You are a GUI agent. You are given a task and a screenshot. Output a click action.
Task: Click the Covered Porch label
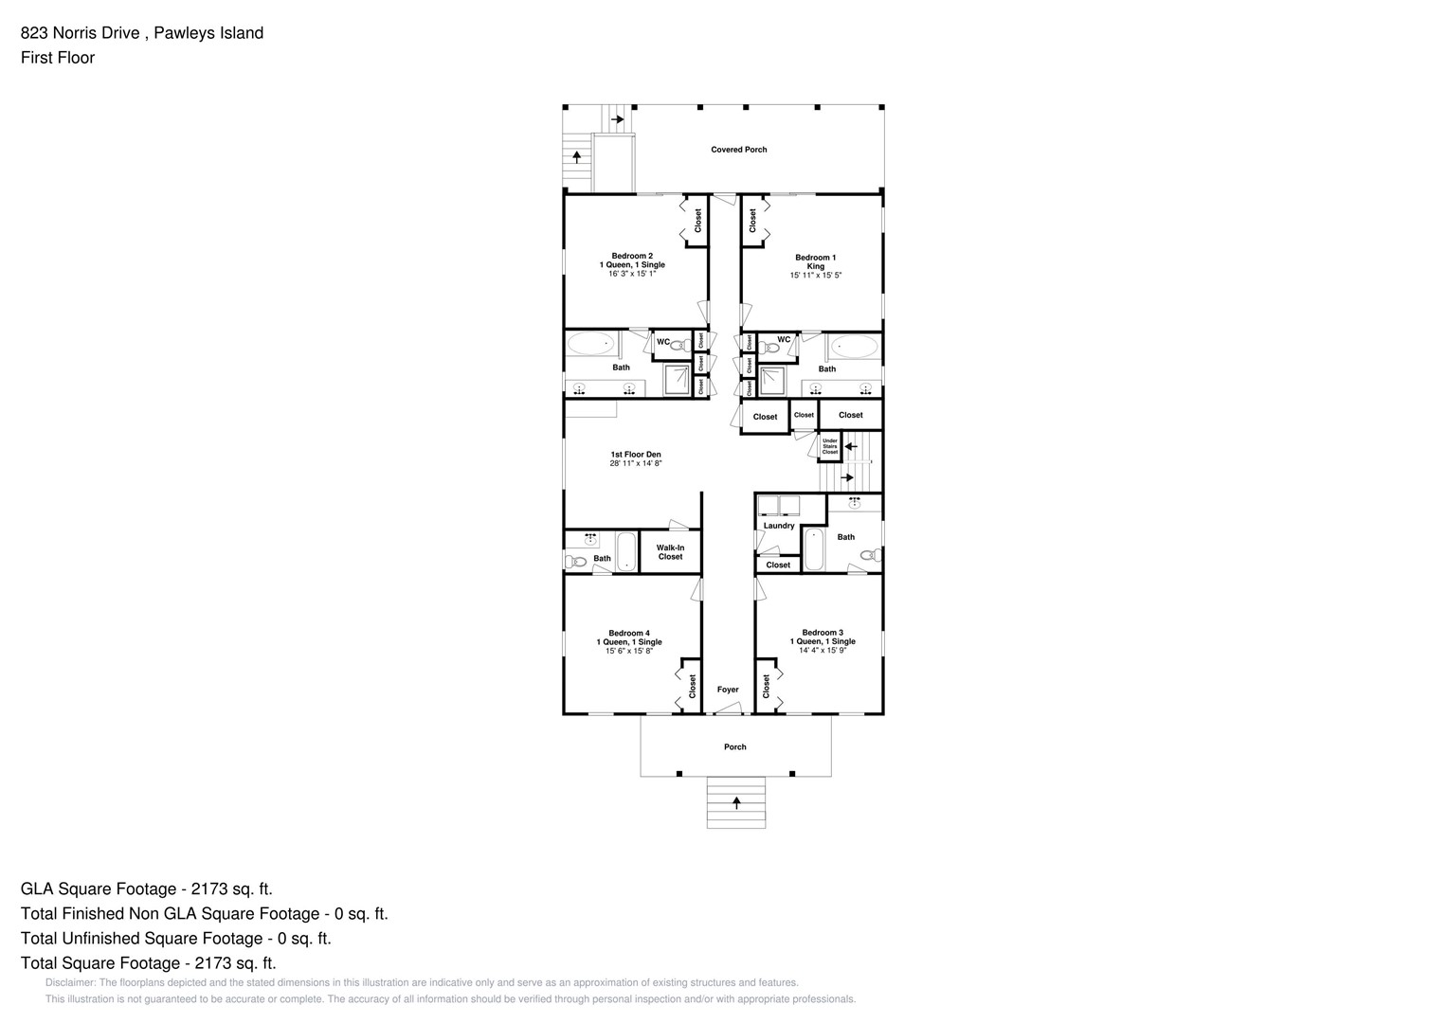739,150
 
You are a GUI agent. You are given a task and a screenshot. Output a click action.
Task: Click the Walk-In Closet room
670,552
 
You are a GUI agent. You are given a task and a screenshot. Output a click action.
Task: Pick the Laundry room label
779,526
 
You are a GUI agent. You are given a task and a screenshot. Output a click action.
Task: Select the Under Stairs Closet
830,446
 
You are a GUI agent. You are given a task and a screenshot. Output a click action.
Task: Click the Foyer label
728,690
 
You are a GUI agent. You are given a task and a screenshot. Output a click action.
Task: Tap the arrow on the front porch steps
736,802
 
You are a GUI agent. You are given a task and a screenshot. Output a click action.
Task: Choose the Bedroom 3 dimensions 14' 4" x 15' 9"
822,651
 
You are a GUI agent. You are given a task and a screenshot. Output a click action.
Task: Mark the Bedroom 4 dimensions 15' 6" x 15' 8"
628,651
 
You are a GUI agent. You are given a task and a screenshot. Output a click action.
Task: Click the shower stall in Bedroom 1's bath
772,381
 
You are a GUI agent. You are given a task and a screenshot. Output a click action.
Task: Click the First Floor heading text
58,58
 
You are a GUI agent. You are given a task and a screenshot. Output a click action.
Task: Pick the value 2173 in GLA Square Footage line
211,889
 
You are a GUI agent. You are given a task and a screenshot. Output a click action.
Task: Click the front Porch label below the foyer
735,747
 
